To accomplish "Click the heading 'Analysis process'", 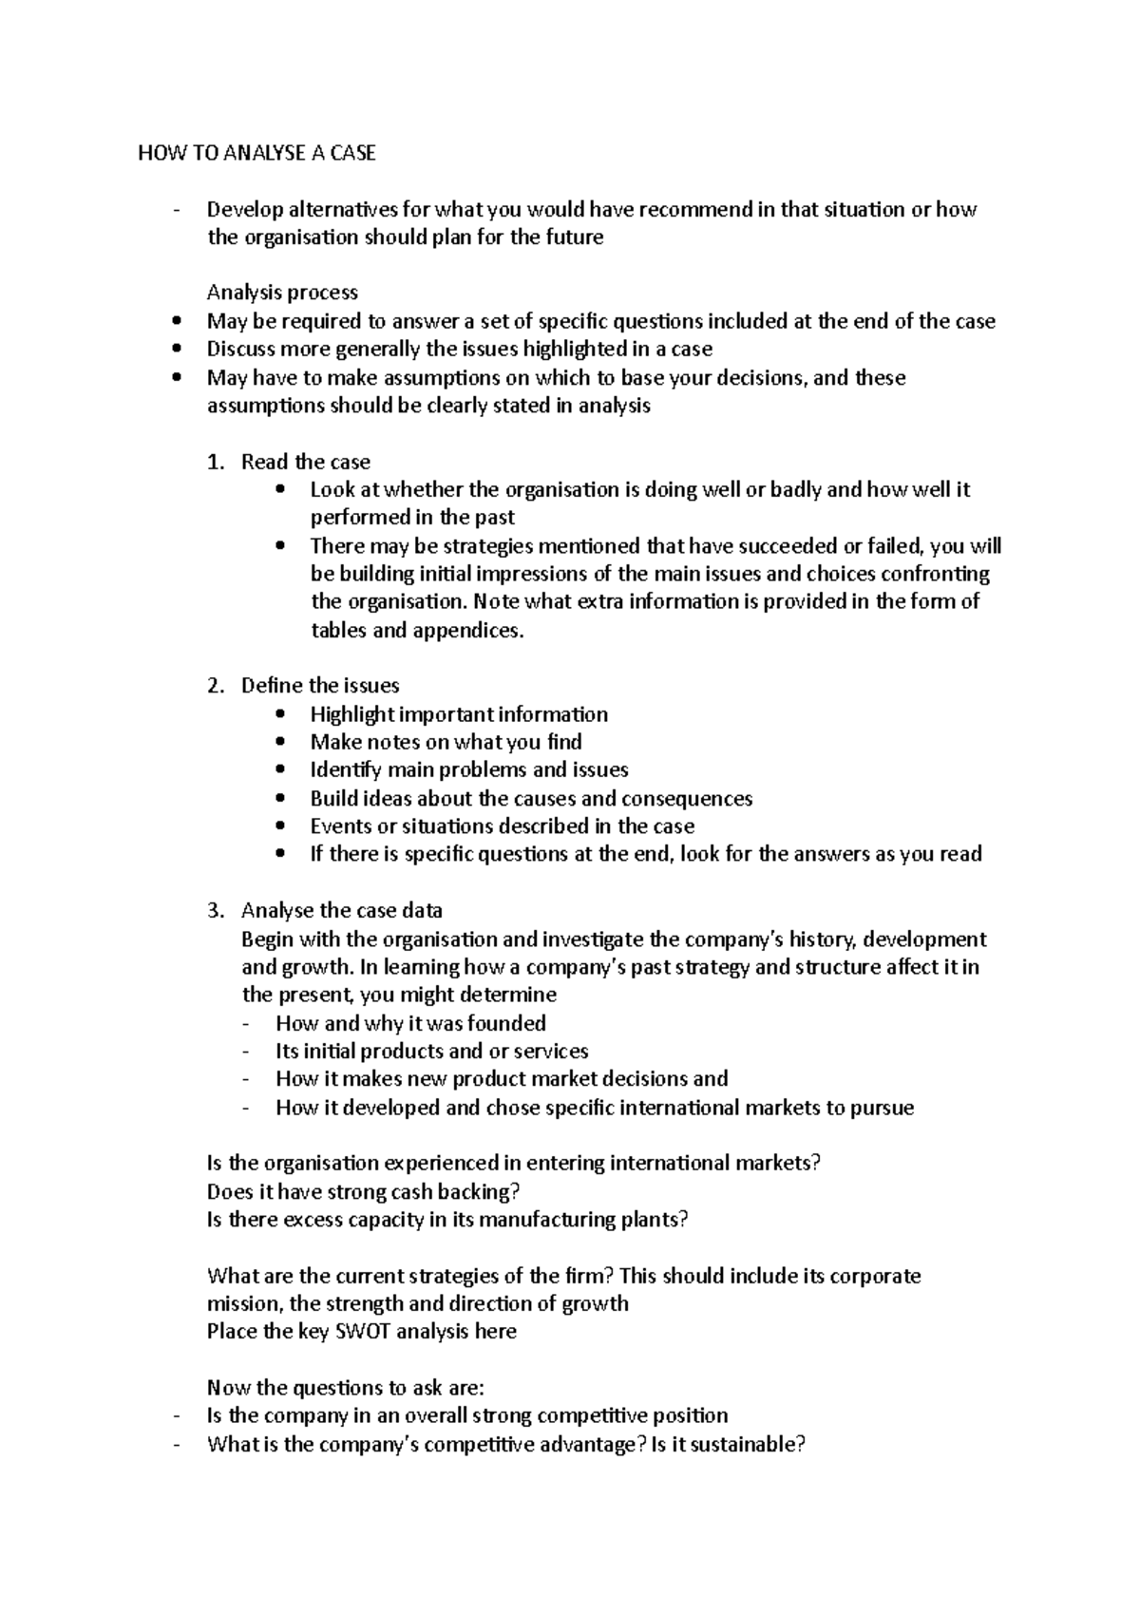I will [x=282, y=293].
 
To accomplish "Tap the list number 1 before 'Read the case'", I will [x=215, y=463].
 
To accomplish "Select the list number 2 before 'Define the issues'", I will [x=215, y=686].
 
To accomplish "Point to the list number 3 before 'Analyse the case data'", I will [x=215, y=911].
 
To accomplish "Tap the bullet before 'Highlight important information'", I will [x=278, y=714].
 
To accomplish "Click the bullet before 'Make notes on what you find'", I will [x=278, y=742].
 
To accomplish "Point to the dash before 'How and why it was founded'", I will [x=248, y=1024].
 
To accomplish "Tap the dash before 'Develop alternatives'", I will [x=178, y=210].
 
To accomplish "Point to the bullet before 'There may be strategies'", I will [x=278, y=546].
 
